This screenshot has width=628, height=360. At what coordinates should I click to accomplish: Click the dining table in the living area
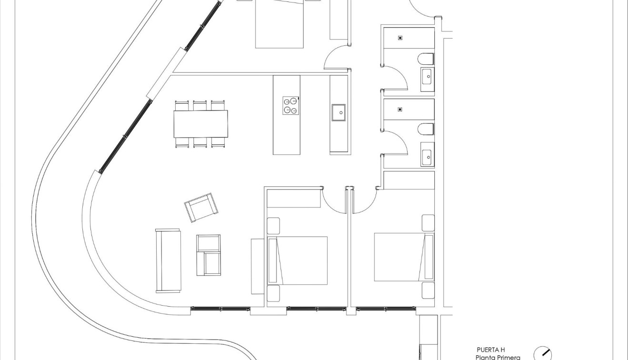coord(200,124)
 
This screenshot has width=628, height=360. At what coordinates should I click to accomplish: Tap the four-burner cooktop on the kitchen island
coord(290,106)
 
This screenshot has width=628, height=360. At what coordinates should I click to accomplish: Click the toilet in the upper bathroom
coord(426,59)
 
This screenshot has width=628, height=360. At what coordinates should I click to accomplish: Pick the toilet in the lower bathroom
coord(426,129)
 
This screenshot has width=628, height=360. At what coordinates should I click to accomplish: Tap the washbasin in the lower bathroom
coord(427,156)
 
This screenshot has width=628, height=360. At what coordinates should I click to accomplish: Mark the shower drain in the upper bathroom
coord(400,38)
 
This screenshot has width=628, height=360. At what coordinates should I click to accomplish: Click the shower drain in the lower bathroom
coord(400,109)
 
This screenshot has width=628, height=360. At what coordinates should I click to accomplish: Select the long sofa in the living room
coord(168,260)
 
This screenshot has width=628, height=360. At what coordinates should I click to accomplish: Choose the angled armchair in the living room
coord(201,207)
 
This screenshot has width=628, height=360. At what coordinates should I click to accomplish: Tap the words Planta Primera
coord(498,357)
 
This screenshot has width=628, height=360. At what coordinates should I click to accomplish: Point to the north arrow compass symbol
coord(542,354)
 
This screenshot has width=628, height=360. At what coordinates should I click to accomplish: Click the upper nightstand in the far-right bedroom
coord(428,223)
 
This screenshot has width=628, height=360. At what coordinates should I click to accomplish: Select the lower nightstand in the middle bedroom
coord(273,293)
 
